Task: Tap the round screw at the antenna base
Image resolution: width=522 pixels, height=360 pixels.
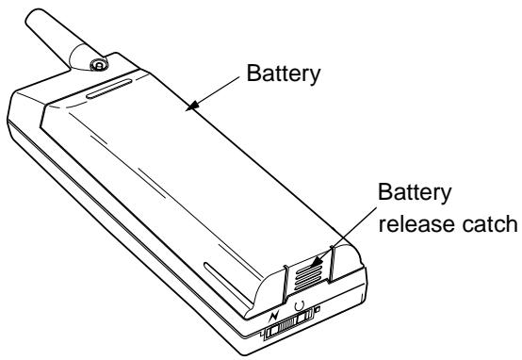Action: (99, 64)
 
